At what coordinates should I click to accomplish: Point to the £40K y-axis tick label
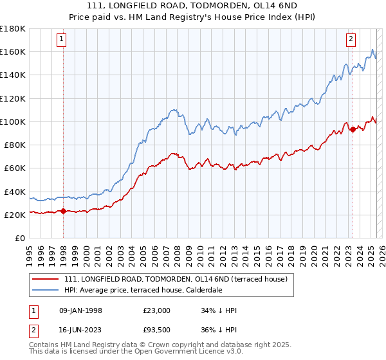click(14, 192)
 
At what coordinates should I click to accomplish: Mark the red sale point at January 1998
click(63, 211)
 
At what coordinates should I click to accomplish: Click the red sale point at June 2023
click(353, 129)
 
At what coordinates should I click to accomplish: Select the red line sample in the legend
click(46, 279)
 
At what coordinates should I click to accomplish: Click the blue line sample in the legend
click(46, 290)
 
